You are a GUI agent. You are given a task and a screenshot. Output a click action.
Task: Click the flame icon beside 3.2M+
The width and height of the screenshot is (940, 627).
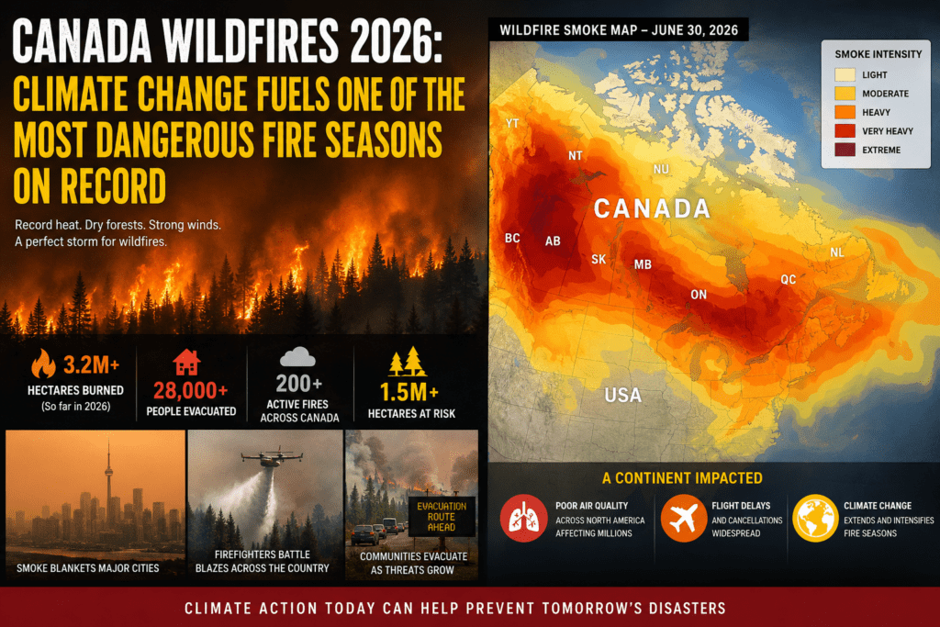point(43,364)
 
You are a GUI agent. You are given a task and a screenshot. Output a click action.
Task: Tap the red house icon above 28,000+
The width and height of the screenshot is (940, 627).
point(186,362)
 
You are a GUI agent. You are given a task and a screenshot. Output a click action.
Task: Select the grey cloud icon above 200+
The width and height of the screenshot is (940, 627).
point(297,357)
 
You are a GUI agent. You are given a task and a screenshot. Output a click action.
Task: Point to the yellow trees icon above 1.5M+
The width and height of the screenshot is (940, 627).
point(408,362)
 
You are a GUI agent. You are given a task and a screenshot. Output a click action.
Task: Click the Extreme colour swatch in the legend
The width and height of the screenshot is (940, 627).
point(845,150)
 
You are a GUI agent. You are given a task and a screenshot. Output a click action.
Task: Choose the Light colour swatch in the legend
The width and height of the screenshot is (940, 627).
point(845,75)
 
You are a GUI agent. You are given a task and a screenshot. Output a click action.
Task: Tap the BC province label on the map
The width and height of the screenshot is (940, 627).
point(512,238)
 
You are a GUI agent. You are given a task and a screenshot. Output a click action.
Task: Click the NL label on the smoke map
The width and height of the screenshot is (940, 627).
point(837,252)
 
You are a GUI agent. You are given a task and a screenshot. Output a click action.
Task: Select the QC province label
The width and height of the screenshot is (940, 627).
point(789,279)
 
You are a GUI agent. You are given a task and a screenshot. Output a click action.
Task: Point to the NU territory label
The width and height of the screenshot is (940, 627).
point(661,169)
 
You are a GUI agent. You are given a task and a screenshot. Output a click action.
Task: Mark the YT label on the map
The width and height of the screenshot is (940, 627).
point(512,124)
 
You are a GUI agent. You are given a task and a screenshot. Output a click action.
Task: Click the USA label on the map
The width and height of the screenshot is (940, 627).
point(623,395)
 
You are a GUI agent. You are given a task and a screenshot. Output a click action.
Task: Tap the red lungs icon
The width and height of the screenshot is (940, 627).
point(523,518)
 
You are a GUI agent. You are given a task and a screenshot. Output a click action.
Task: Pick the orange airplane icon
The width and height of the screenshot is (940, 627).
point(683,518)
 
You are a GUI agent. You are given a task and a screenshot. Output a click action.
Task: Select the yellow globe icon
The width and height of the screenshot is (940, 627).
point(815,518)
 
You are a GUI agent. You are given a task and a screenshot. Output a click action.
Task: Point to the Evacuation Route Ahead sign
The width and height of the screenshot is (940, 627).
point(442,516)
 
